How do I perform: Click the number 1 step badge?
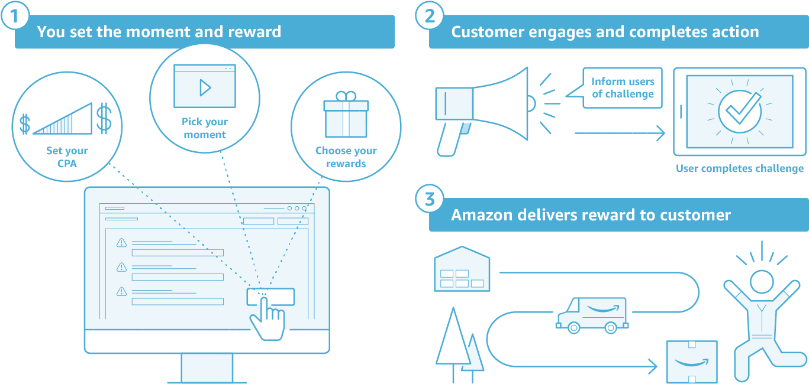click(x=15, y=16)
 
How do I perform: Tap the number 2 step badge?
click(x=429, y=16)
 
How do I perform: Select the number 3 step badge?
click(x=429, y=199)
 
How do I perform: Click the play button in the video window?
click(x=205, y=87)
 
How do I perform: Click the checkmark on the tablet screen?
click(x=739, y=110)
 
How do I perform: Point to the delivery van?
click(x=591, y=313)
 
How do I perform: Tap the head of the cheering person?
click(x=761, y=282)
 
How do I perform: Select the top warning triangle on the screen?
click(x=121, y=242)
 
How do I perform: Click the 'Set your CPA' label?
click(x=67, y=157)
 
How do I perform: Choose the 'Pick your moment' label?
click(x=205, y=128)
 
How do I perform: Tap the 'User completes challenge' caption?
click(x=740, y=168)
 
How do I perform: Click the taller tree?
click(x=453, y=340)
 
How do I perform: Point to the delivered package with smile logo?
click(x=692, y=361)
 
